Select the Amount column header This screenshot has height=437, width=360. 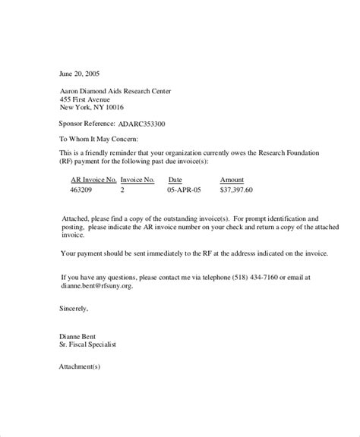coord(232,180)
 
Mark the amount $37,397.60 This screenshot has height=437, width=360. coord(236,190)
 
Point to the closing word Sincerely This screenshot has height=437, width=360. coord(74,310)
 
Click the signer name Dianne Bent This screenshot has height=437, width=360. coord(79,335)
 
